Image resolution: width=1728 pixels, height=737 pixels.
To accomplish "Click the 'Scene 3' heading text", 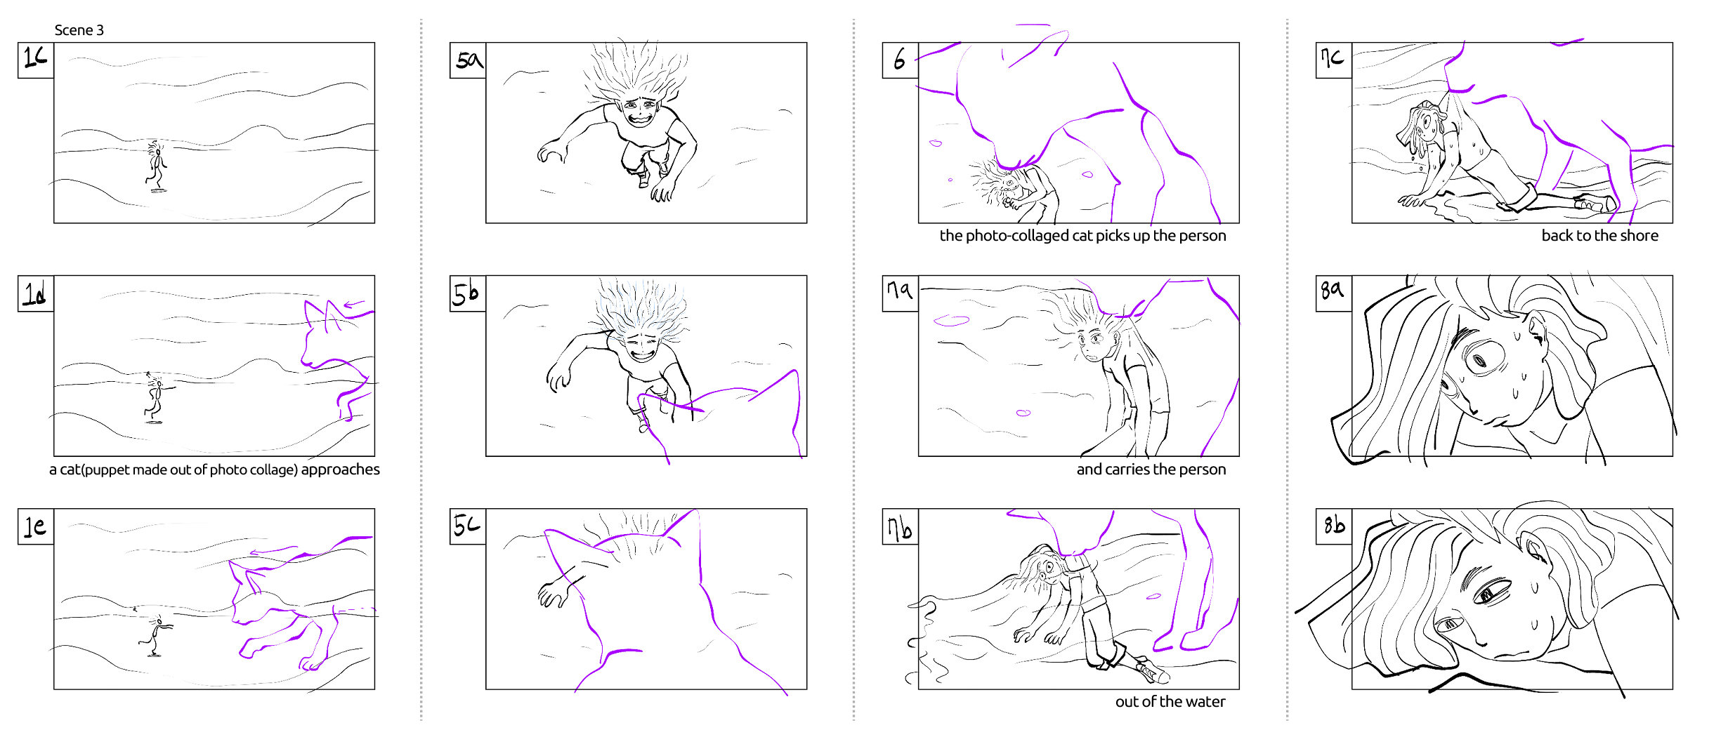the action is click(x=79, y=30).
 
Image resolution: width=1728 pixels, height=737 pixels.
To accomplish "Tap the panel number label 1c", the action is click(x=36, y=60).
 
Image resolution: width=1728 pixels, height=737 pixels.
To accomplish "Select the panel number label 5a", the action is click(x=468, y=60).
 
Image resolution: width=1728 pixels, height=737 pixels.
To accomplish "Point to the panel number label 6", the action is click(x=901, y=60).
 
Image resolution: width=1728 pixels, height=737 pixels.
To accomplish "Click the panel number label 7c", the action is click(x=1333, y=60).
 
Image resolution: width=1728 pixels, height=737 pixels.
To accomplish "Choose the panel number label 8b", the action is click(x=1333, y=526).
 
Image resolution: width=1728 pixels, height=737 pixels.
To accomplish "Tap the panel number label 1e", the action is click(x=36, y=526).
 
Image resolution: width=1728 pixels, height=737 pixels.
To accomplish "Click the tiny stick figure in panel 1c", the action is click(x=157, y=166).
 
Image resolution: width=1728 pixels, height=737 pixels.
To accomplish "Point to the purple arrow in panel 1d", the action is click(x=354, y=305).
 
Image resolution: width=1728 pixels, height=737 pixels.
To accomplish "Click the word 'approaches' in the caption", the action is click(x=341, y=470).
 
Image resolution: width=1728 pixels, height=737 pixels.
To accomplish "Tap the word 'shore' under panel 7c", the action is click(x=1639, y=236).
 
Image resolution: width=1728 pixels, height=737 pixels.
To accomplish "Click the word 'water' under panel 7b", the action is click(x=1206, y=702).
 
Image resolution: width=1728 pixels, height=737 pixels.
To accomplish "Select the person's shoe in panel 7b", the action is click(x=1152, y=671).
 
